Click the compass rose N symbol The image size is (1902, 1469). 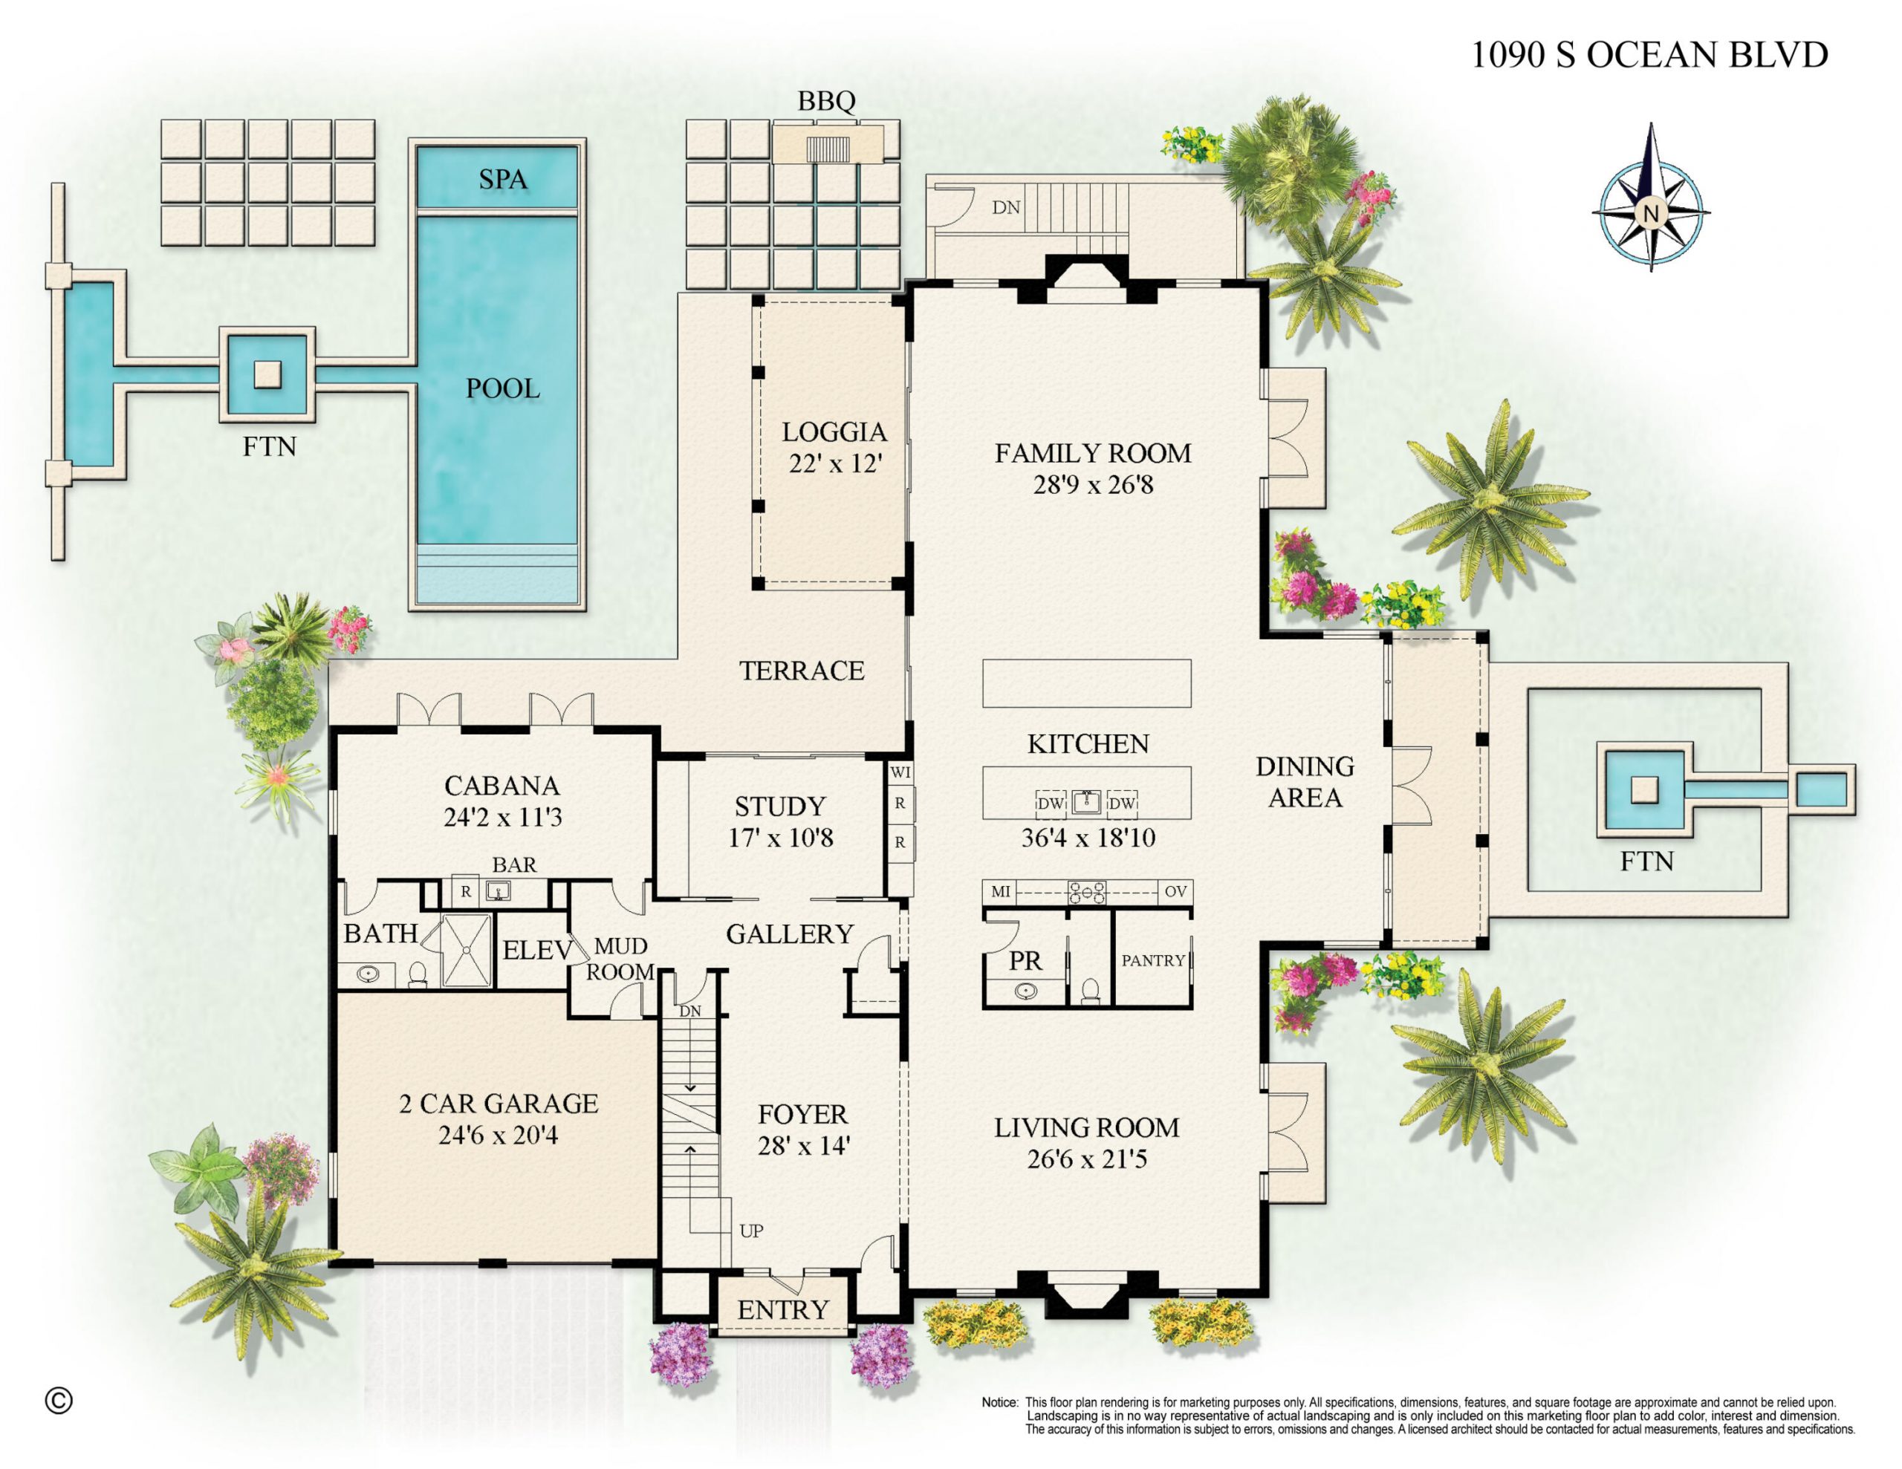1649,212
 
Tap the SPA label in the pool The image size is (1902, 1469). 502,180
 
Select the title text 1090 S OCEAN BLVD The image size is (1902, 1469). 1649,54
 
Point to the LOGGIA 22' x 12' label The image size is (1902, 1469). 834,446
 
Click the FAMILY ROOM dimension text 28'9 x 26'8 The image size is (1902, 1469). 1093,484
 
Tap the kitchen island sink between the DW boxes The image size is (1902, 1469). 1086,802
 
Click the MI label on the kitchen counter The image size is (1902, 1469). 1001,892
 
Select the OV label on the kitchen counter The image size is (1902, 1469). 1175,892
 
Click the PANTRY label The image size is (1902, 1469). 1152,960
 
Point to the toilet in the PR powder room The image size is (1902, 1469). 1089,991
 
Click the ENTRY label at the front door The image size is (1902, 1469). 782,1309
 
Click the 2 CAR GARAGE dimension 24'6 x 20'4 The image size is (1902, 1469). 498,1136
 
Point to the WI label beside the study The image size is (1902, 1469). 900,772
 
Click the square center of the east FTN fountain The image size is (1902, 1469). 1644,789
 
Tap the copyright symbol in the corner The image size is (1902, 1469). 59,1400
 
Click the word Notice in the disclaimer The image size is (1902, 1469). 999,1403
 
